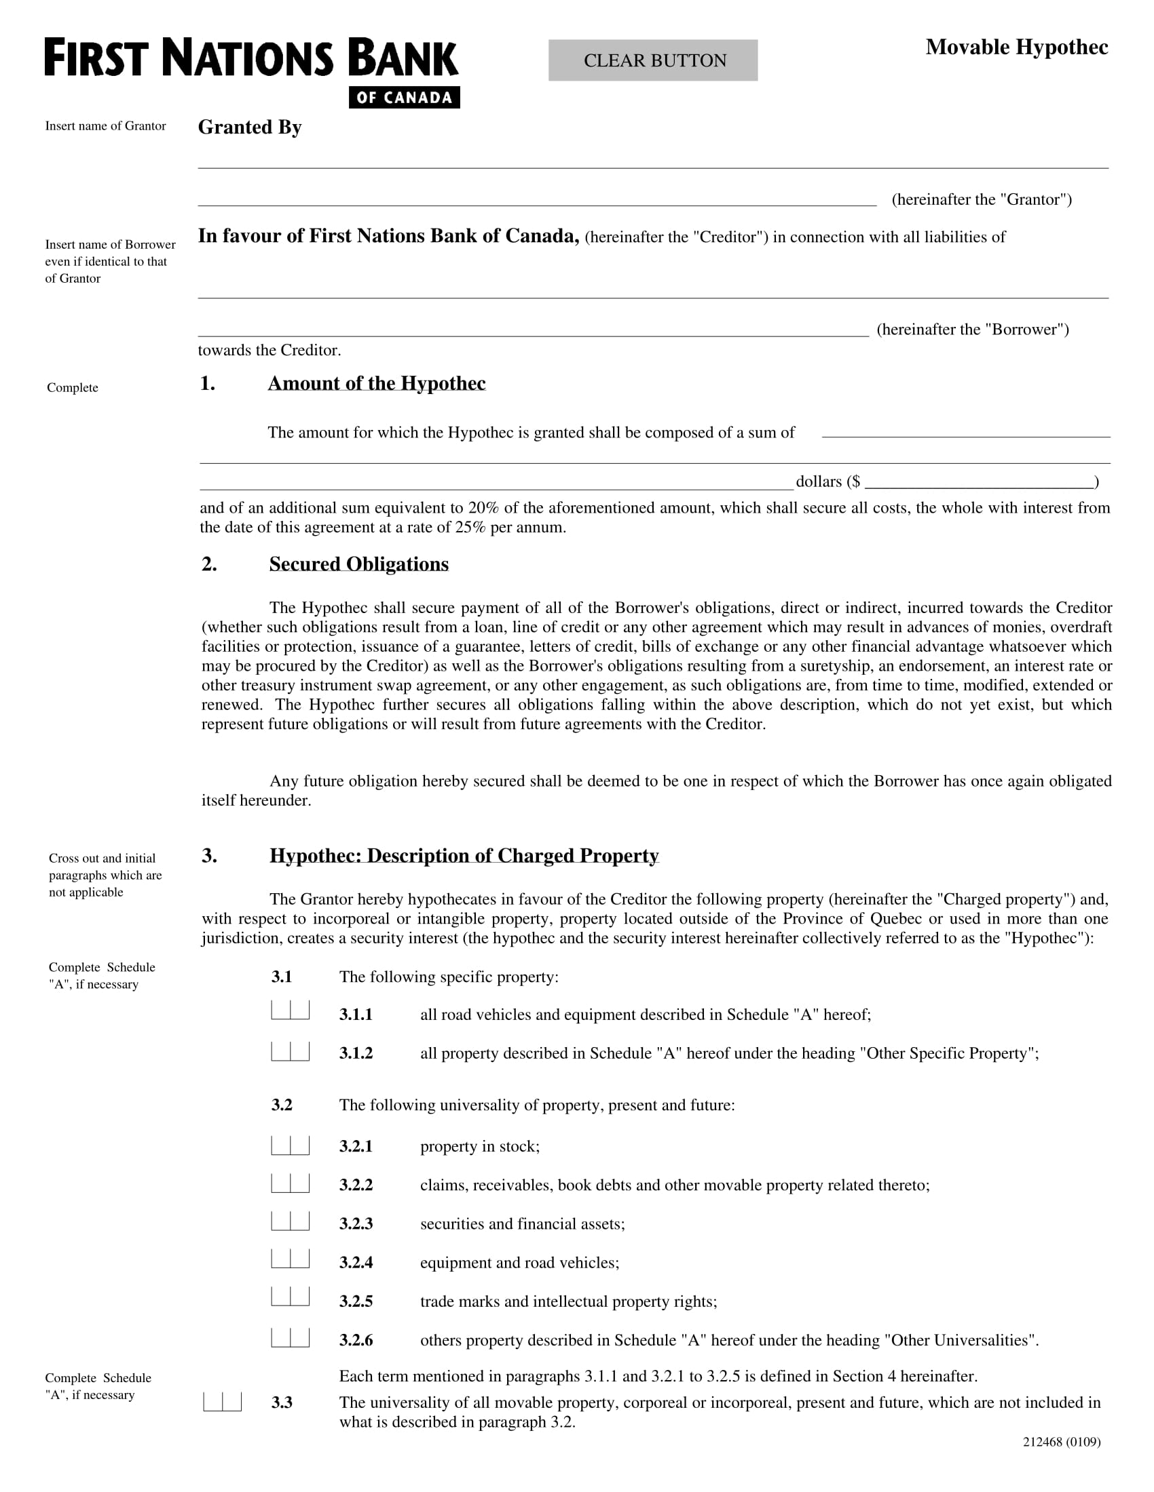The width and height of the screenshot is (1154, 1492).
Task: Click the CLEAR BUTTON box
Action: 652,60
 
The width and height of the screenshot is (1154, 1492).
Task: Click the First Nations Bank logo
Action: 251,58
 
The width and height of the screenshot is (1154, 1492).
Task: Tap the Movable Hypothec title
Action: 1016,47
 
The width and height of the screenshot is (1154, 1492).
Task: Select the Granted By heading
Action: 250,127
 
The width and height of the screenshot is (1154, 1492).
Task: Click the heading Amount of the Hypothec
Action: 376,383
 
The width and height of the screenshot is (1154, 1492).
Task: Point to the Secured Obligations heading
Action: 358,564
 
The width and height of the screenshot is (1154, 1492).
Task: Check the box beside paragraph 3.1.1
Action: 290,1010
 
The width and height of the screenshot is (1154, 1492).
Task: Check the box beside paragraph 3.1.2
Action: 290,1051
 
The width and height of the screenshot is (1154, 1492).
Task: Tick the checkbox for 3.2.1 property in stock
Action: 290,1145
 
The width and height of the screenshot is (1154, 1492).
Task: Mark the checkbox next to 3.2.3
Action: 290,1221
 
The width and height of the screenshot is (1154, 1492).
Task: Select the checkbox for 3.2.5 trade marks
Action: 290,1297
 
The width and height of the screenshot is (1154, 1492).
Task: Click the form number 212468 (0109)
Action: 1061,1442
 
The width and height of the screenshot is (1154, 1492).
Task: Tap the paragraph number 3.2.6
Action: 356,1340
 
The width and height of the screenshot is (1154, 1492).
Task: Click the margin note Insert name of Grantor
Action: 105,125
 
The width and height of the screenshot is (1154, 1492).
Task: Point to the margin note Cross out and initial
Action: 102,858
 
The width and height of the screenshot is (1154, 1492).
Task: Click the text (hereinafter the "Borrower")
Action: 972,330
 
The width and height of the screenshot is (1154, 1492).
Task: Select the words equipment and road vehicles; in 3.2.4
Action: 519,1263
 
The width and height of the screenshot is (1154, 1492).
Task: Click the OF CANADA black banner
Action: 404,98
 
